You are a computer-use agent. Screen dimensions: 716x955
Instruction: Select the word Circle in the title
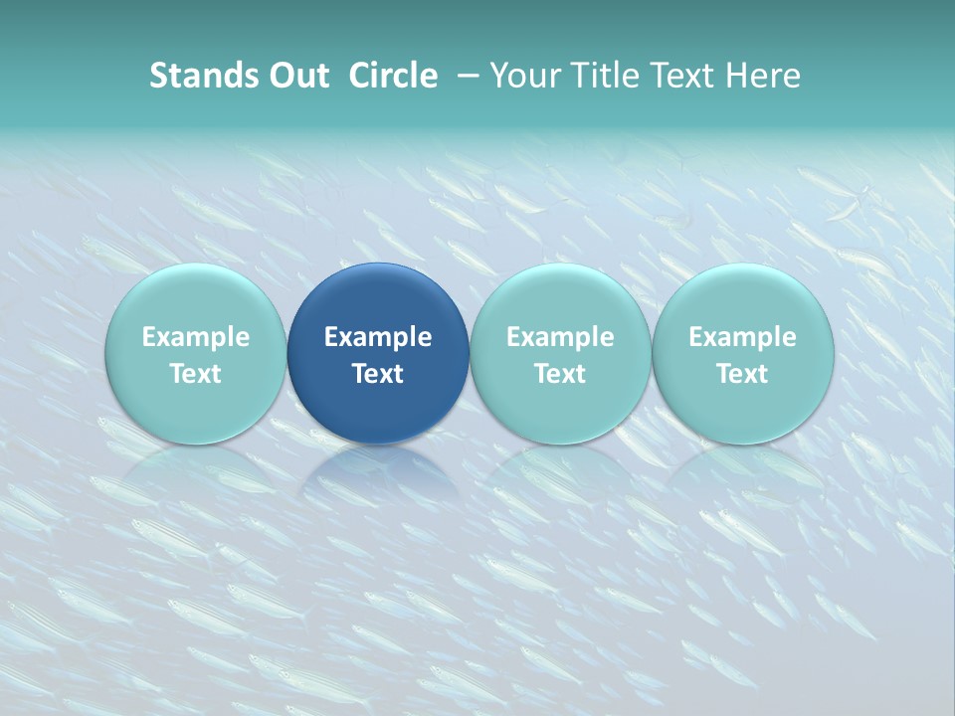pos(393,76)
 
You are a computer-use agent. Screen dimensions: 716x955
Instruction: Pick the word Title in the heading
pos(600,76)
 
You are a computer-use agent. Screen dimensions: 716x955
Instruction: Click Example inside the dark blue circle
pos(378,337)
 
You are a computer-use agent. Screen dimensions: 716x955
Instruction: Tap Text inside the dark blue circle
pos(378,374)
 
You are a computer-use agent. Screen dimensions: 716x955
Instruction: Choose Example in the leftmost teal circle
pos(196,337)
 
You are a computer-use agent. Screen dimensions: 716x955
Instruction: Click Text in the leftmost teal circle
pos(196,374)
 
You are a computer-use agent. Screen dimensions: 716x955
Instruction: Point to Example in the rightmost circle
pos(742,337)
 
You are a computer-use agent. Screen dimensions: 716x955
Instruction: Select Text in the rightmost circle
pos(742,374)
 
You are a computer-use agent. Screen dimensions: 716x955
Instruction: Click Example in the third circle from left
pos(560,337)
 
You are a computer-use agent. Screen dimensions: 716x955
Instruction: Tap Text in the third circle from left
pos(560,374)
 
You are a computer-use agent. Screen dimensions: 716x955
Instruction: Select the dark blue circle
pos(378,298)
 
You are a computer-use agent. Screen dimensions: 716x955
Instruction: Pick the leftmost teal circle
pos(196,298)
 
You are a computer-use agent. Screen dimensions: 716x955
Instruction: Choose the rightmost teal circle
pos(742,298)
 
